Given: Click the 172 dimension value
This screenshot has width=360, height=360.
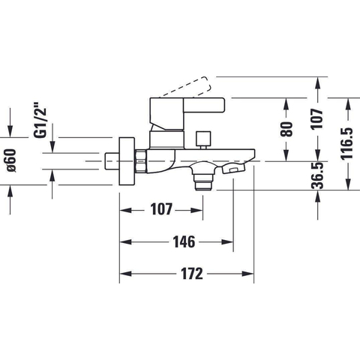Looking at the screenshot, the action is (192, 274).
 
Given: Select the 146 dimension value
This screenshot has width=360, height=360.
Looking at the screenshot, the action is (184, 242).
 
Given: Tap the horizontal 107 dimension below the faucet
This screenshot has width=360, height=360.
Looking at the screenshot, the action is (161, 209).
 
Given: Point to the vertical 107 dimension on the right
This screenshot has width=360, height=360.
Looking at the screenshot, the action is (317, 118).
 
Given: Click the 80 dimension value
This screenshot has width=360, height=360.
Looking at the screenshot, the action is (286, 129).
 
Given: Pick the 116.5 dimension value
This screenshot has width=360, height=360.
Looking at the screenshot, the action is (347, 143).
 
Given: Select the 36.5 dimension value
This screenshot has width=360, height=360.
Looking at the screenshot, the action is (317, 175).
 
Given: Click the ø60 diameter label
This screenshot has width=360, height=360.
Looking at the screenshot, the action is (10, 160).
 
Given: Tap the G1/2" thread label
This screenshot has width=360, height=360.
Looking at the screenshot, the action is (40, 119).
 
